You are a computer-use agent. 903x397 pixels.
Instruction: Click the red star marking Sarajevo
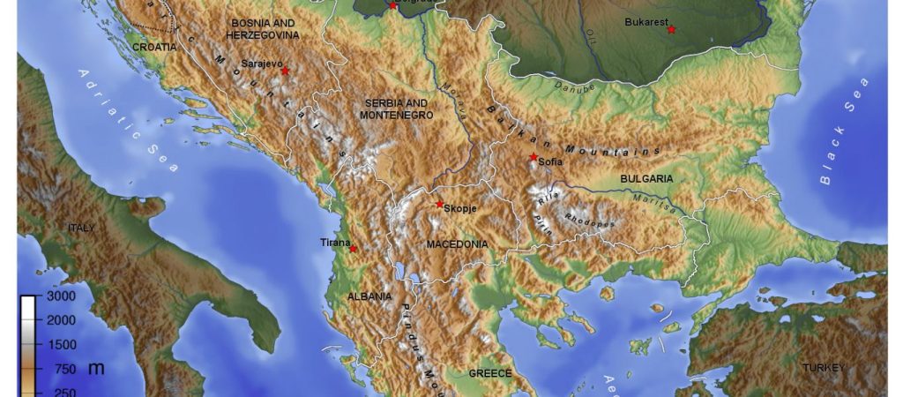[285, 71]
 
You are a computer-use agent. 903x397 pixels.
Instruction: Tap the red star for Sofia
[534, 157]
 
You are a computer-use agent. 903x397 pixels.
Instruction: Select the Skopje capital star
[439, 205]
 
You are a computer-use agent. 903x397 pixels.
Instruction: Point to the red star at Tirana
[354, 249]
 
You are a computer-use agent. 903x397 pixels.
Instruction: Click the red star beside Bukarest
[671, 30]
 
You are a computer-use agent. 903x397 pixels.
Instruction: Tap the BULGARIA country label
[646, 178]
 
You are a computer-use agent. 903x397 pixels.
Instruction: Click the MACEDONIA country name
[456, 243]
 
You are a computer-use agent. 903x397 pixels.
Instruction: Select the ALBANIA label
[369, 296]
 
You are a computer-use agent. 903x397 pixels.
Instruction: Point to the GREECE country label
[489, 373]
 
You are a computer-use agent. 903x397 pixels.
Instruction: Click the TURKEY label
[824, 367]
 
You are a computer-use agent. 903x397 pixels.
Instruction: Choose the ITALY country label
[81, 228]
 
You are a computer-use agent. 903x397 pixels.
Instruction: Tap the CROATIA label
[154, 47]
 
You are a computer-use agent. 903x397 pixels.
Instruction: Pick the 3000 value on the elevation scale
[60, 298]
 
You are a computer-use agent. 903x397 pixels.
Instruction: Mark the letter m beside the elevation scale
[95, 368]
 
